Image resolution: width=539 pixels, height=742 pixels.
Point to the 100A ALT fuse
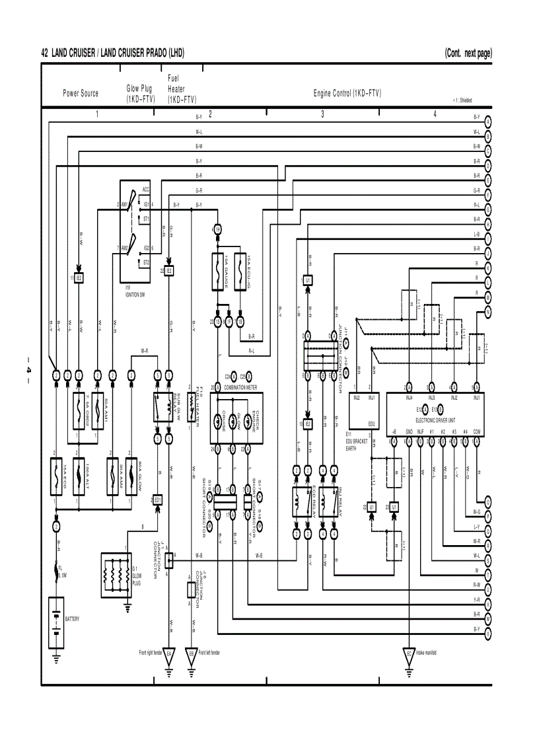coord(79,476)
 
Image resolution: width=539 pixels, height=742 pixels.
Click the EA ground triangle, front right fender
coord(169,654)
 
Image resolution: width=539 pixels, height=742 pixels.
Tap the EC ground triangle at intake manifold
coord(410,654)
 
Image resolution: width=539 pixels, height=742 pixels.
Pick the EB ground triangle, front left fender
coord(191,654)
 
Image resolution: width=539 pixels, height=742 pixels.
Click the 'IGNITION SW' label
coord(135,294)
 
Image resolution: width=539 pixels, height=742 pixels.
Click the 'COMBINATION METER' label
coord(240,388)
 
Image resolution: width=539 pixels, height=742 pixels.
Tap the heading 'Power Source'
coord(81,94)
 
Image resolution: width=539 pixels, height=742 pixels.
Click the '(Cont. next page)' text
coord(468,54)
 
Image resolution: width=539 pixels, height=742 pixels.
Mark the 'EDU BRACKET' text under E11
coord(357,441)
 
